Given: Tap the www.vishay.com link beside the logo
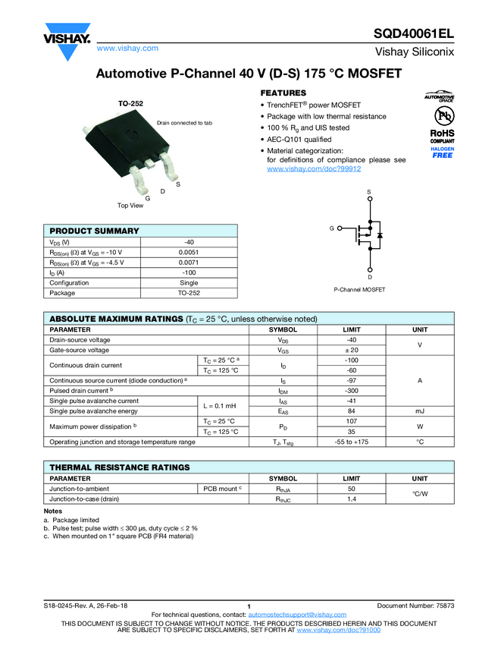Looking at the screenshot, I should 127,48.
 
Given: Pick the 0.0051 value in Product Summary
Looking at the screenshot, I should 189,252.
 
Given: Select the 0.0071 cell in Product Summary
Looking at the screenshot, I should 189,262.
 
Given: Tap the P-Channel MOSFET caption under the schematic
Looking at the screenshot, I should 359,290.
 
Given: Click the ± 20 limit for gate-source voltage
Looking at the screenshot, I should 351,350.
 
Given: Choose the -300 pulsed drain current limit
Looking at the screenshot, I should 351,390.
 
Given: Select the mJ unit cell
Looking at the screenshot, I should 420,411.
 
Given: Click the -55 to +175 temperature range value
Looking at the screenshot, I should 351,441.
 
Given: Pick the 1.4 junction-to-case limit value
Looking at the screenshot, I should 351,499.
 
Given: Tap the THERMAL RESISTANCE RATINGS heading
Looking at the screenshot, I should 120,467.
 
